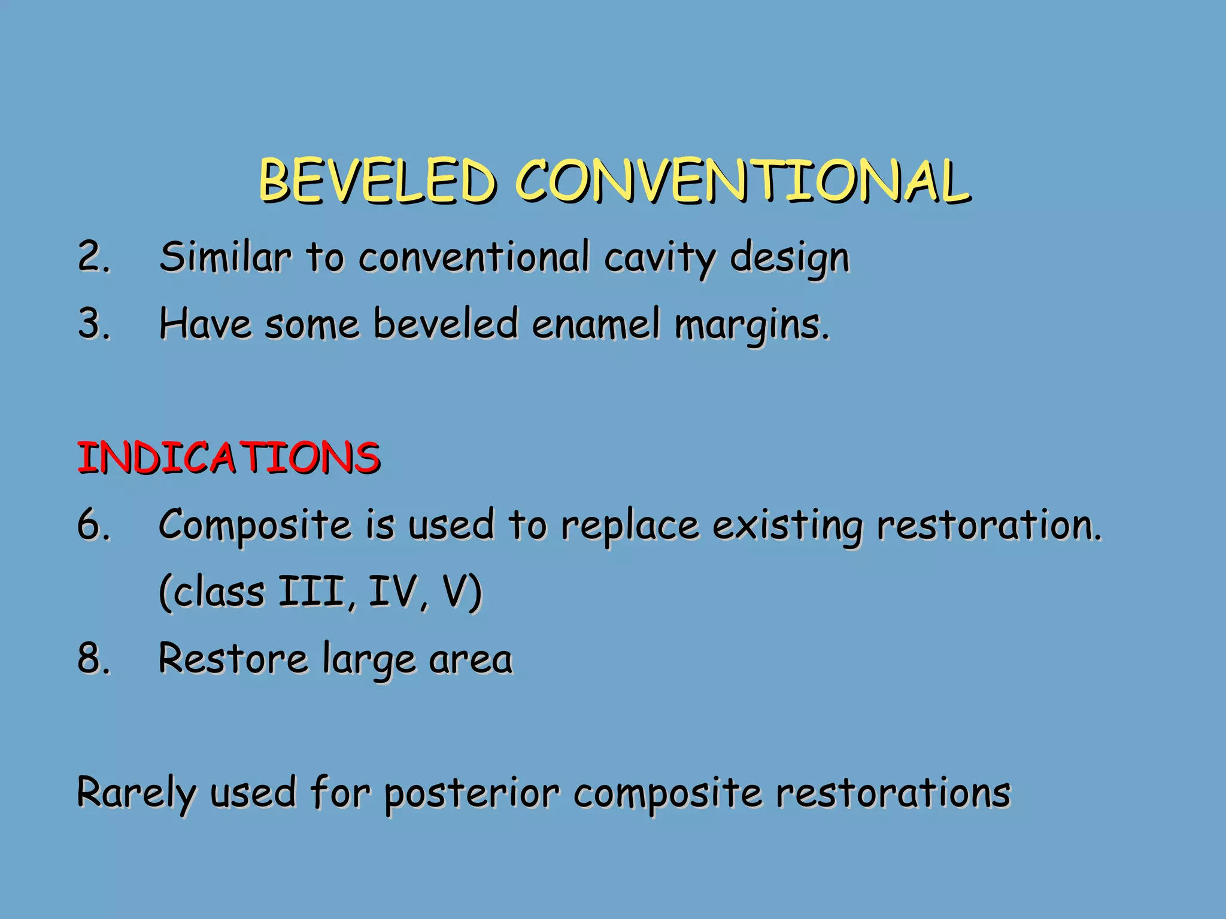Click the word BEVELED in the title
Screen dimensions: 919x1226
377,181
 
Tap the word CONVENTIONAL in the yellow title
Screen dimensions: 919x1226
742,181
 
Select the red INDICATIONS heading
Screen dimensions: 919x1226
229,458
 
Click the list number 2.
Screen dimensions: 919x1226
93,257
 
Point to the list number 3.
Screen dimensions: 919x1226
93,324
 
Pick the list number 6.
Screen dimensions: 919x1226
93,525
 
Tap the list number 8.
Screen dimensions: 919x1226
93,658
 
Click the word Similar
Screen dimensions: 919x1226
225,257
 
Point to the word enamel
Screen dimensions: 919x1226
596,324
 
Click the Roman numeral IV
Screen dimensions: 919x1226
392,592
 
